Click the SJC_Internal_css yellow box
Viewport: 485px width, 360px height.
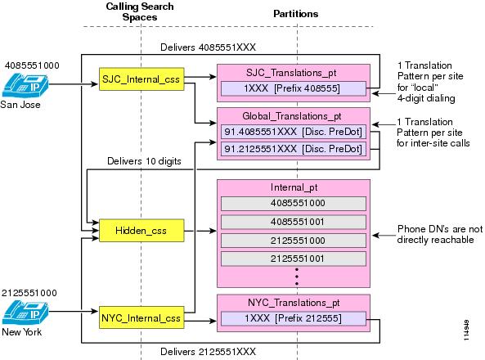click(x=141, y=79)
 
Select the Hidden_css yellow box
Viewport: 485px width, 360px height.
click(x=141, y=230)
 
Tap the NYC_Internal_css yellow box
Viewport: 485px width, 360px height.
click(x=141, y=317)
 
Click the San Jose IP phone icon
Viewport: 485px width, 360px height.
click(x=25, y=85)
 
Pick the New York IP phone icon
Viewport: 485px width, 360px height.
click(x=25, y=313)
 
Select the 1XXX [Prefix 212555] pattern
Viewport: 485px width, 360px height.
click(x=294, y=318)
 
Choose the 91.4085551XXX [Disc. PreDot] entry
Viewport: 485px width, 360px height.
click(x=294, y=132)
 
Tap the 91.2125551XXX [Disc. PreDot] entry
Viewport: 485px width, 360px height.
click(x=294, y=149)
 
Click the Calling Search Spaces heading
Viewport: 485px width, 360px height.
click(x=140, y=11)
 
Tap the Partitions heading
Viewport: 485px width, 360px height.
click(x=296, y=14)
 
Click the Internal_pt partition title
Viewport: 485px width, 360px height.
click(x=294, y=187)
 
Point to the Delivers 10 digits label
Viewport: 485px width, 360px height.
click(x=144, y=161)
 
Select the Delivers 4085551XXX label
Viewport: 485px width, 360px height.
click(x=209, y=47)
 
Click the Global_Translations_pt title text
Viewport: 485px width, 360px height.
click(x=292, y=116)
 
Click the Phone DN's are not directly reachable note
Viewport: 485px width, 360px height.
click(x=440, y=234)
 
